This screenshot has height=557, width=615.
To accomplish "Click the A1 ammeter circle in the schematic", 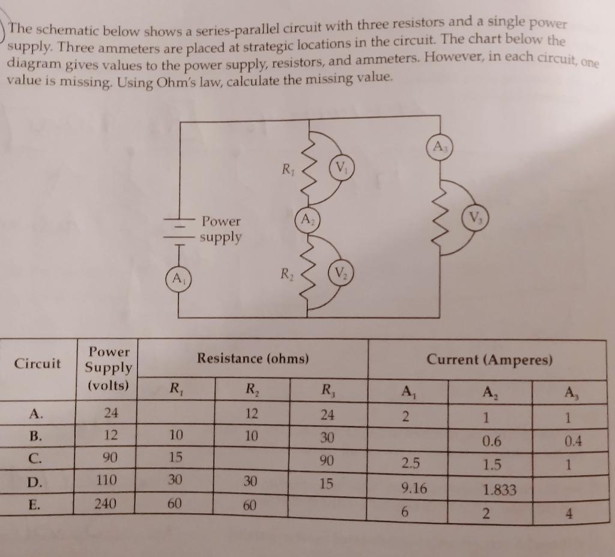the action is coord(177,278).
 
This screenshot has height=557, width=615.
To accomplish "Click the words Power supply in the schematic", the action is coord(221,229).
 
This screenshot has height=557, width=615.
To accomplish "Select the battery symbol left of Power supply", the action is coord(179,230).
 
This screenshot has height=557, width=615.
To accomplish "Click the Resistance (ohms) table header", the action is coord(253,359).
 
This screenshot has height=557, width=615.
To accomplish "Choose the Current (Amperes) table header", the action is coord(489,360).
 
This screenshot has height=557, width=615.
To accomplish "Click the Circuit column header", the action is coord(37,363).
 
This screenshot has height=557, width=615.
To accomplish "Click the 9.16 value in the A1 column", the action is coord(414,489).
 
